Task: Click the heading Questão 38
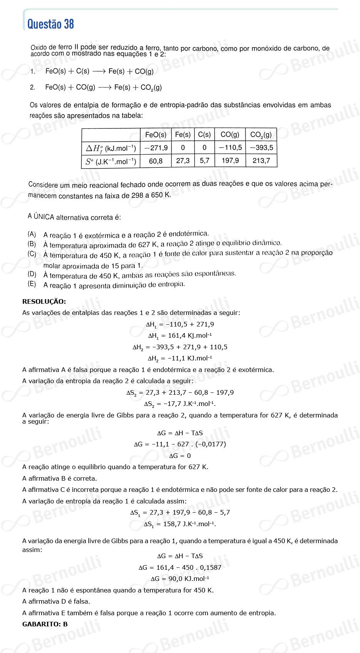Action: pyautogui.click(x=50, y=24)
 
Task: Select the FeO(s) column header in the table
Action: pyautogui.click(x=156, y=135)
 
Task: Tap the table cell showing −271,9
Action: pyautogui.click(x=156, y=148)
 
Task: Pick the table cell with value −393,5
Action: pyautogui.click(x=261, y=148)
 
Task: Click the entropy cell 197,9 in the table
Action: pyautogui.click(x=230, y=161)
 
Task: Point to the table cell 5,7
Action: pyautogui.click(x=204, y=161)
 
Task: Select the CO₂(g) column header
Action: pyautogui.click(x=261, y=135)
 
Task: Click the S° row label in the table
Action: pyautogui.click(x=111, y=162)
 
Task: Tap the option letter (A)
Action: pyautogui.click(x=32, y=234)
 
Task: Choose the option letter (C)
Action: pyautogui.click(x=32, y=254)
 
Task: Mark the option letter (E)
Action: pyautogui.click(x=32, y=284)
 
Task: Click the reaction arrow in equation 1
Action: pyautogui.click(x=99, y=71)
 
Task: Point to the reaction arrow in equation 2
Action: pyautogui.click(x=105, y=88)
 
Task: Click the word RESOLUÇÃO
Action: pyautogui.click(x=44, y=301)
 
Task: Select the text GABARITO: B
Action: pyautogui.click(x=45, y=624)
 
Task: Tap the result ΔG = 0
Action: pyautogui.click(x=180, y=456)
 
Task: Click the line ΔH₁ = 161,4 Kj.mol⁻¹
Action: pyautogui.click(x=180, y=336)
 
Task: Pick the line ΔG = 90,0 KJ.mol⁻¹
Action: pyautogui.click(x=180, y=579)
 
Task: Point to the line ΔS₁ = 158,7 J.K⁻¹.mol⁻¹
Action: pyautogui.click(x=180, y=524)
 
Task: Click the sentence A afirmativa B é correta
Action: pyautogui.click(x=60, y=478)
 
